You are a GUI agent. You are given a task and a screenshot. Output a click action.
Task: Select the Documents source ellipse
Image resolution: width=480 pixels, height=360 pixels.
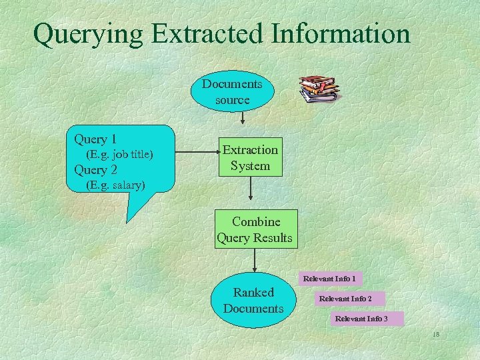[232, 92]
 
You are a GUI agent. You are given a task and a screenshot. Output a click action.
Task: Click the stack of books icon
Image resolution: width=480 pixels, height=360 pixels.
[318, 88]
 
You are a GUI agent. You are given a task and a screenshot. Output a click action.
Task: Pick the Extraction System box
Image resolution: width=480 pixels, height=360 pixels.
[250, 158]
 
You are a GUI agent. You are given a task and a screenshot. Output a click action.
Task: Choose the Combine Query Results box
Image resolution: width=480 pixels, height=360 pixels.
[255, 229]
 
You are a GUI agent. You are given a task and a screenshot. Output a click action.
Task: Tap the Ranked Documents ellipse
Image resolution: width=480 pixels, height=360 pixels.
[253, 300]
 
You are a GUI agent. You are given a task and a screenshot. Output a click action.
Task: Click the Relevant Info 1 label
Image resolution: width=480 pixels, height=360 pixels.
[329, 278]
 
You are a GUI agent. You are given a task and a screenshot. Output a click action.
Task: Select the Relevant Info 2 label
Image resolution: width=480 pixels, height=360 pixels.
[345, 299]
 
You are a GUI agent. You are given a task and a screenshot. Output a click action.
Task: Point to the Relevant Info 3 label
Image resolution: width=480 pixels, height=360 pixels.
[361, 319]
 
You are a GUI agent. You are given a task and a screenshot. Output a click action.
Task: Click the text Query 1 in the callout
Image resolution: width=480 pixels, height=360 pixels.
[95, 139]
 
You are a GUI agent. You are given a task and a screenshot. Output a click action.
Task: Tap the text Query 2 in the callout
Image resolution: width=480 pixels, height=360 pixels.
[95, 170]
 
